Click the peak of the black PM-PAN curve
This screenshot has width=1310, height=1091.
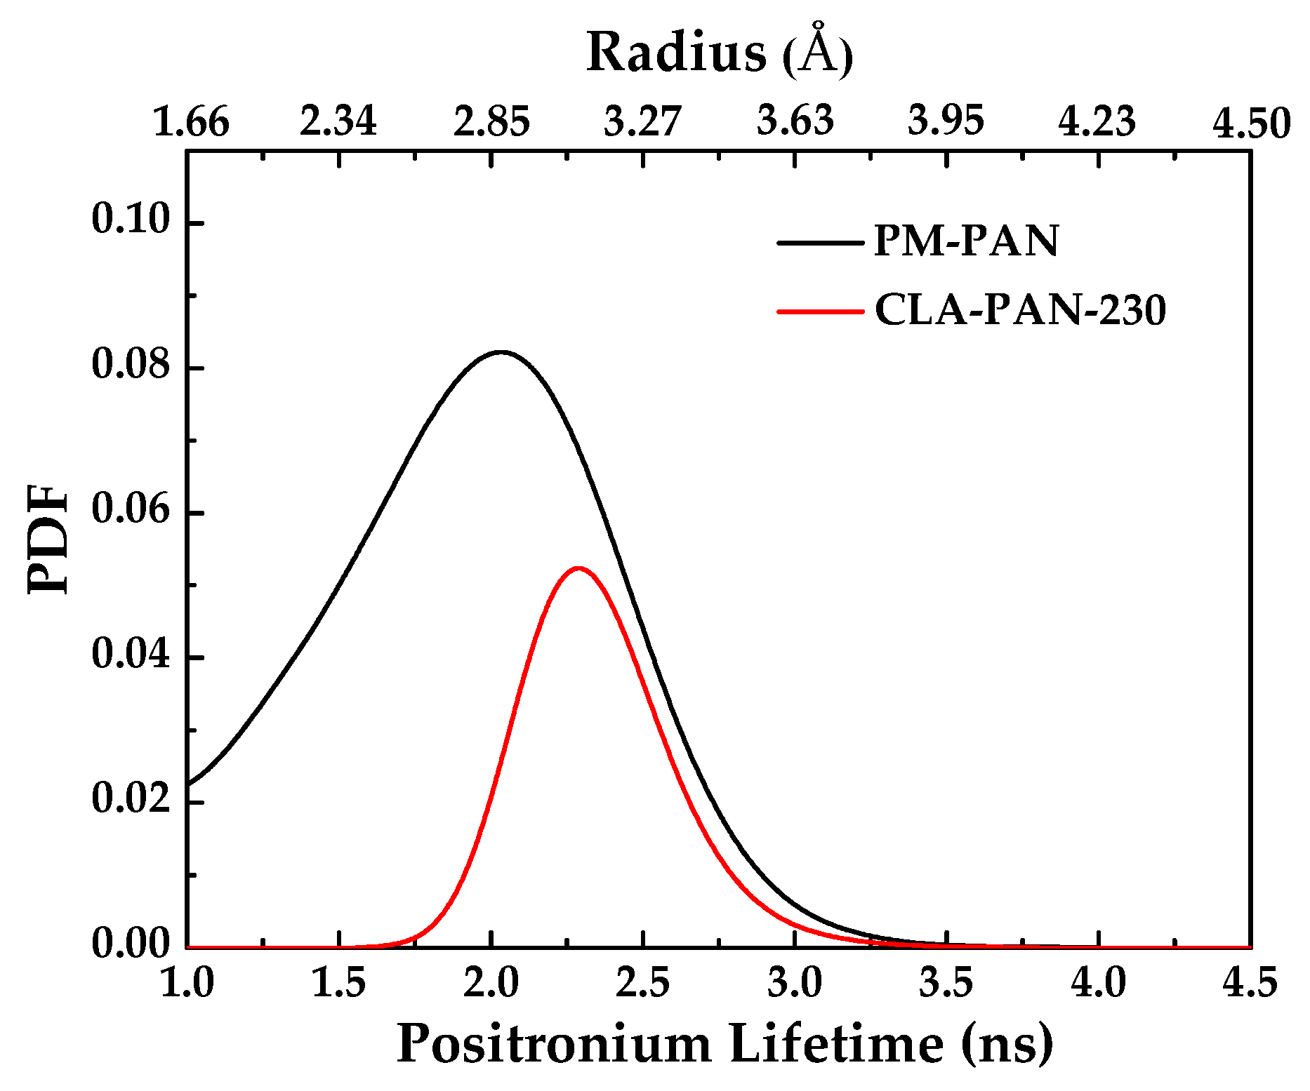click(x=501, y=352)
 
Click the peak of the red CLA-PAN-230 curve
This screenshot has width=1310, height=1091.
click(x=578, y=568)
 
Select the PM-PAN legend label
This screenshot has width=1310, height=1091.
click(x=966, y=241)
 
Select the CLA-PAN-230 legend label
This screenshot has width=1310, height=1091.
click(x=1019, y=309)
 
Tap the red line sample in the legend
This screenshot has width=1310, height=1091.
click(x=820, y=311)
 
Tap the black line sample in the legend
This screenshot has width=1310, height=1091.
click(x=820, y=243)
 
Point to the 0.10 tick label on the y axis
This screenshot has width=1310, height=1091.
click(x=131, y=220)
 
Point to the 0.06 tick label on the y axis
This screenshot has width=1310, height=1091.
click(x=131, y=510)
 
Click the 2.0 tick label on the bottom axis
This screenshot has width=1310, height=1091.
click(x=491, y=984)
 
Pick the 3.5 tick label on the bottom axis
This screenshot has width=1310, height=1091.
click(x=946, y=984)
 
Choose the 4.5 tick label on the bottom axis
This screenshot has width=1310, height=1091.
click(x=1250, y=984)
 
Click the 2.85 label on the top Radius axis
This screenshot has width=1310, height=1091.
click(x=491, y=122)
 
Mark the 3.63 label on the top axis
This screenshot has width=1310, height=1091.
click(x=795, y=121)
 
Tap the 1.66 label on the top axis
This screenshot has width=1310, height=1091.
click(x=190, y=122)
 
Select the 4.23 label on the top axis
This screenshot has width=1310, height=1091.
click(x=1097, y=122)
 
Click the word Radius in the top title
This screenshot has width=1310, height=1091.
click(x=676, y=53)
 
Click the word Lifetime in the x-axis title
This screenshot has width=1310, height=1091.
click(x=836, y=1045)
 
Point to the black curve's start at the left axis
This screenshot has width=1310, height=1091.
click(x=188, y=783)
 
